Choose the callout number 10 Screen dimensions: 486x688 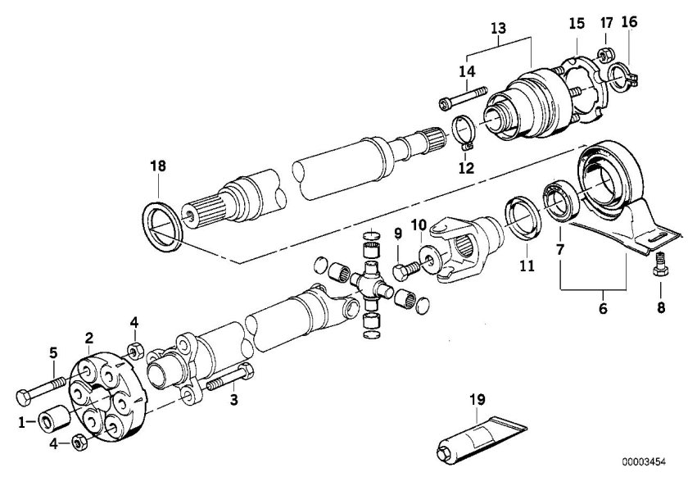click(419, 225)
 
